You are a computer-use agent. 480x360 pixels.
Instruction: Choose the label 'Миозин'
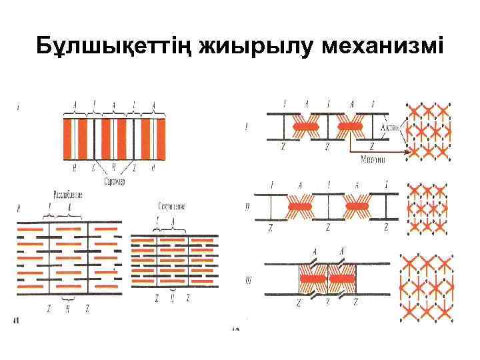(x=373, y=159)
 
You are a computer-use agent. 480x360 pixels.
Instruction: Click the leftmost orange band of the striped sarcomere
(x=68, y=138)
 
